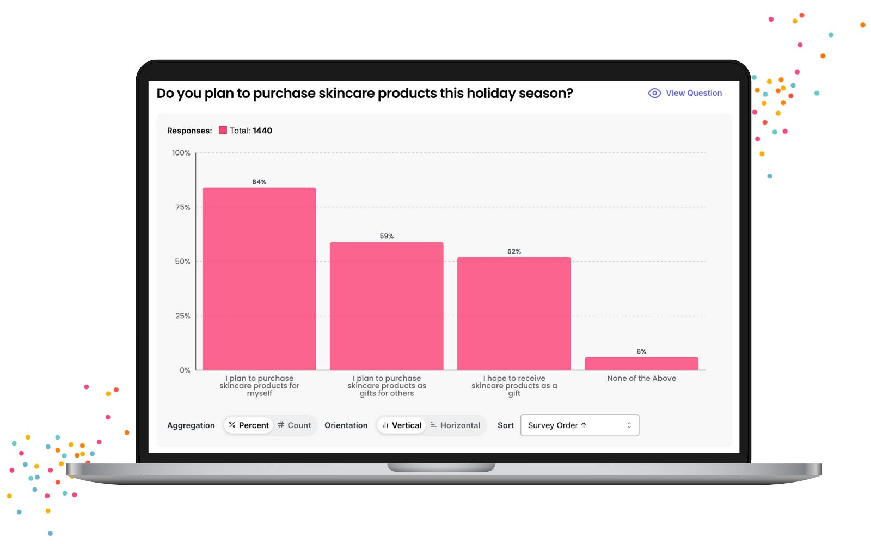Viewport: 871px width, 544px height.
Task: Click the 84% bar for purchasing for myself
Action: pyautogui.click(x=259, y=279)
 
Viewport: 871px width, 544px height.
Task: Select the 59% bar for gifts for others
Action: pyautogui.click(x=387, y=306)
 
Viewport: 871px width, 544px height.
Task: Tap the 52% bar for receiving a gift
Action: pyautogui.click(x=514, y=313)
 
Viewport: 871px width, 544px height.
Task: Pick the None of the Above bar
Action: pyautogui.click(x=641, y=363)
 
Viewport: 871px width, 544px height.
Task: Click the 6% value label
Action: pyautogui.click(x=641, y=351)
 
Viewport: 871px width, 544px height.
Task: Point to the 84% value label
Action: pyautogui.click(x=259, y=182)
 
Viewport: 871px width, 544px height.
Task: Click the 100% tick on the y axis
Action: pyautogui.click(x=181, y=153)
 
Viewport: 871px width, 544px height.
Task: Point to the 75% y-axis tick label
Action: pyautogui.click(x=183, y=207)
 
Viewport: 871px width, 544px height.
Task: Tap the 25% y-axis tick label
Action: pyautogui.click(x=183, y=316)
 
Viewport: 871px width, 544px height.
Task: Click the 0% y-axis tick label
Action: pyautogui.click(x=185, y=370)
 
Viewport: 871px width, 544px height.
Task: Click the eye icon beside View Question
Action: pyautogui.click(x=654, y=93)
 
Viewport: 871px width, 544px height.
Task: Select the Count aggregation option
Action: pyautogui.click(x=295, y=425)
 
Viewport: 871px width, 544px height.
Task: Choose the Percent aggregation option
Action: pyautogui.click(x=248, y=425)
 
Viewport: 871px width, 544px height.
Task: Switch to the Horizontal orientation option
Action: pyautogui.click(x=455, y=425)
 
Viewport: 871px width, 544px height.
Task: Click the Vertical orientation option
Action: pyautogui.click(x=402, y=425)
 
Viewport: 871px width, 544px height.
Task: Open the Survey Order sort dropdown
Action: pyautogui.click(x=579, y=425)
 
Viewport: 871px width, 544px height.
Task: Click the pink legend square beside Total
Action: pyautogui.click(x=223, y=130)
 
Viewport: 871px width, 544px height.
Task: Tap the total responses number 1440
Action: pyautogui.click(x=262, y=131)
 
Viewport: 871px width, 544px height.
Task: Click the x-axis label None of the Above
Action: pyautogui.click(x=642, y=378)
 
